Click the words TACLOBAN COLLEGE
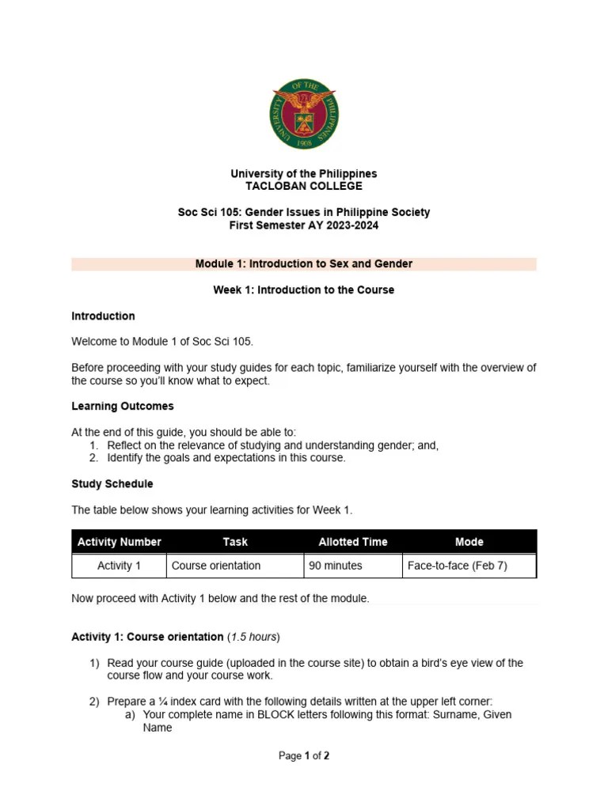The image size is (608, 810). pos(304,186)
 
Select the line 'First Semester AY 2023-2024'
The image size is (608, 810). pos(304,225)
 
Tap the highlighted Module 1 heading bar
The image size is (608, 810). pos(304,263)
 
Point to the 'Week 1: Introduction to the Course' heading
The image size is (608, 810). pos(304,290)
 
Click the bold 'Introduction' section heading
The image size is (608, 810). pos(103,316)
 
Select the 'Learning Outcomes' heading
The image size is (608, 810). pos(122,406)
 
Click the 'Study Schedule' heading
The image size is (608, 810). pos(112,483)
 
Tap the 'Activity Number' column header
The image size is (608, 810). pos(119,542)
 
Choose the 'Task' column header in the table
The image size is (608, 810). pos(235,542)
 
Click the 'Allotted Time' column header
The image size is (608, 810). pos(353,542)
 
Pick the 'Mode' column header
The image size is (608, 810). pos(469,542)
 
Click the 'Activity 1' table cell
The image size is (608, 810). pos(119,566)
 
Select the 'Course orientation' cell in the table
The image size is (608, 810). pos(216,566)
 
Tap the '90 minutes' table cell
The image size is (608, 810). pos(336,566)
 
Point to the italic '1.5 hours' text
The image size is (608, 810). pos(253,637)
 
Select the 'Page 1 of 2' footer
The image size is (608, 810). pos(304,755)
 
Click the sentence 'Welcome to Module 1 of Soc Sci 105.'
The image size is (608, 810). pos(162,342)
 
